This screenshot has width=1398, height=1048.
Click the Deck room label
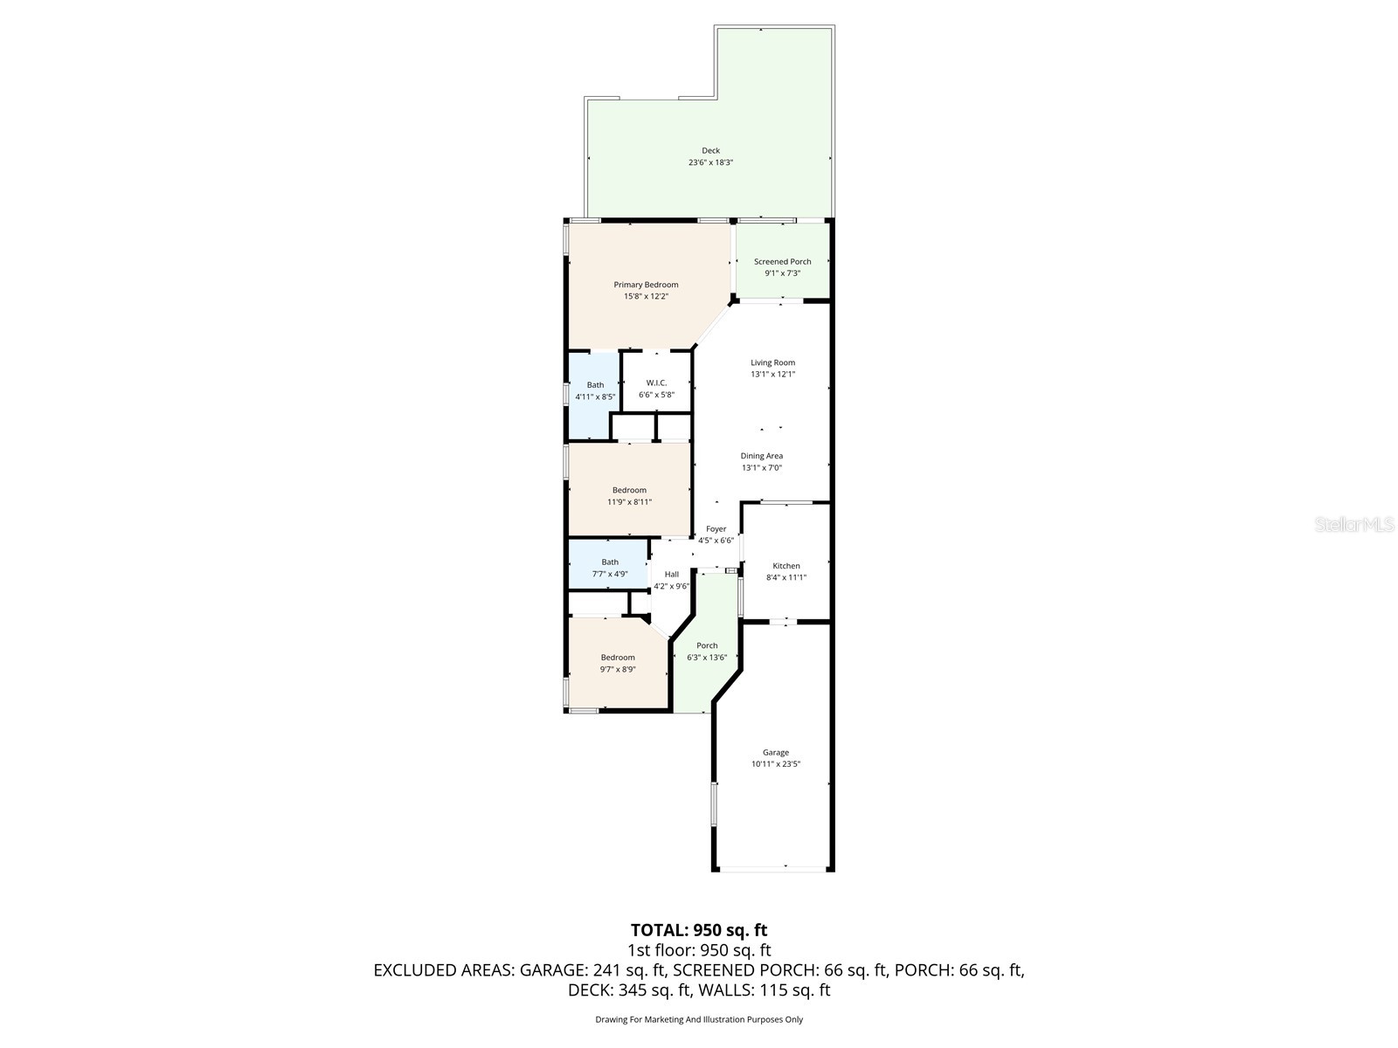click(x=710, y=151)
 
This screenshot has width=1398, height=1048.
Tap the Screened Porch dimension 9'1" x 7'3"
click(x=782, y=273)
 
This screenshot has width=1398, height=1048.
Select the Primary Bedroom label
click(x=646, y=285)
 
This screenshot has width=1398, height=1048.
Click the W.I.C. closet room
click(x=656, y=389)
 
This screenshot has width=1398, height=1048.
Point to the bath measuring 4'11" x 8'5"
click(x=595, y=390)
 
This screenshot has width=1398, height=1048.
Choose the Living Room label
click(x=772, y=362)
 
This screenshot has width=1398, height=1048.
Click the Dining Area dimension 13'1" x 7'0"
click(x=762, y=467)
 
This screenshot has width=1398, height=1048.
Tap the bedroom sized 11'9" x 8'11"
click(x=629, y=495)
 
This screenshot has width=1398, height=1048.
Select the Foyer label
click(x=716, y=529)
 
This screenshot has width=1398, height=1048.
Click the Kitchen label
click(x=786, y=566)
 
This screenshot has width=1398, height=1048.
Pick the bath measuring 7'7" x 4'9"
click(x=610, y=568)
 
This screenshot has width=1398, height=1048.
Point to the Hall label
click(x=671, y=575)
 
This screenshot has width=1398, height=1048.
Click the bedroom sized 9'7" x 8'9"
click(x=618, y=663)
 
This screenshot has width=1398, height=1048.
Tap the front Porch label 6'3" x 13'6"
click(x=707, y=646)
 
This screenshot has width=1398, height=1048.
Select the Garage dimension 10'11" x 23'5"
click(x=776, y=763)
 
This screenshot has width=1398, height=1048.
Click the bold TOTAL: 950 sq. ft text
click(x=699, y=930)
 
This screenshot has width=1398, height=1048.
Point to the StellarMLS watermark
click(x=1354, y=525)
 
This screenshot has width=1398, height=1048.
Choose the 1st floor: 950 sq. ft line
click(x=699, y=950)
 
